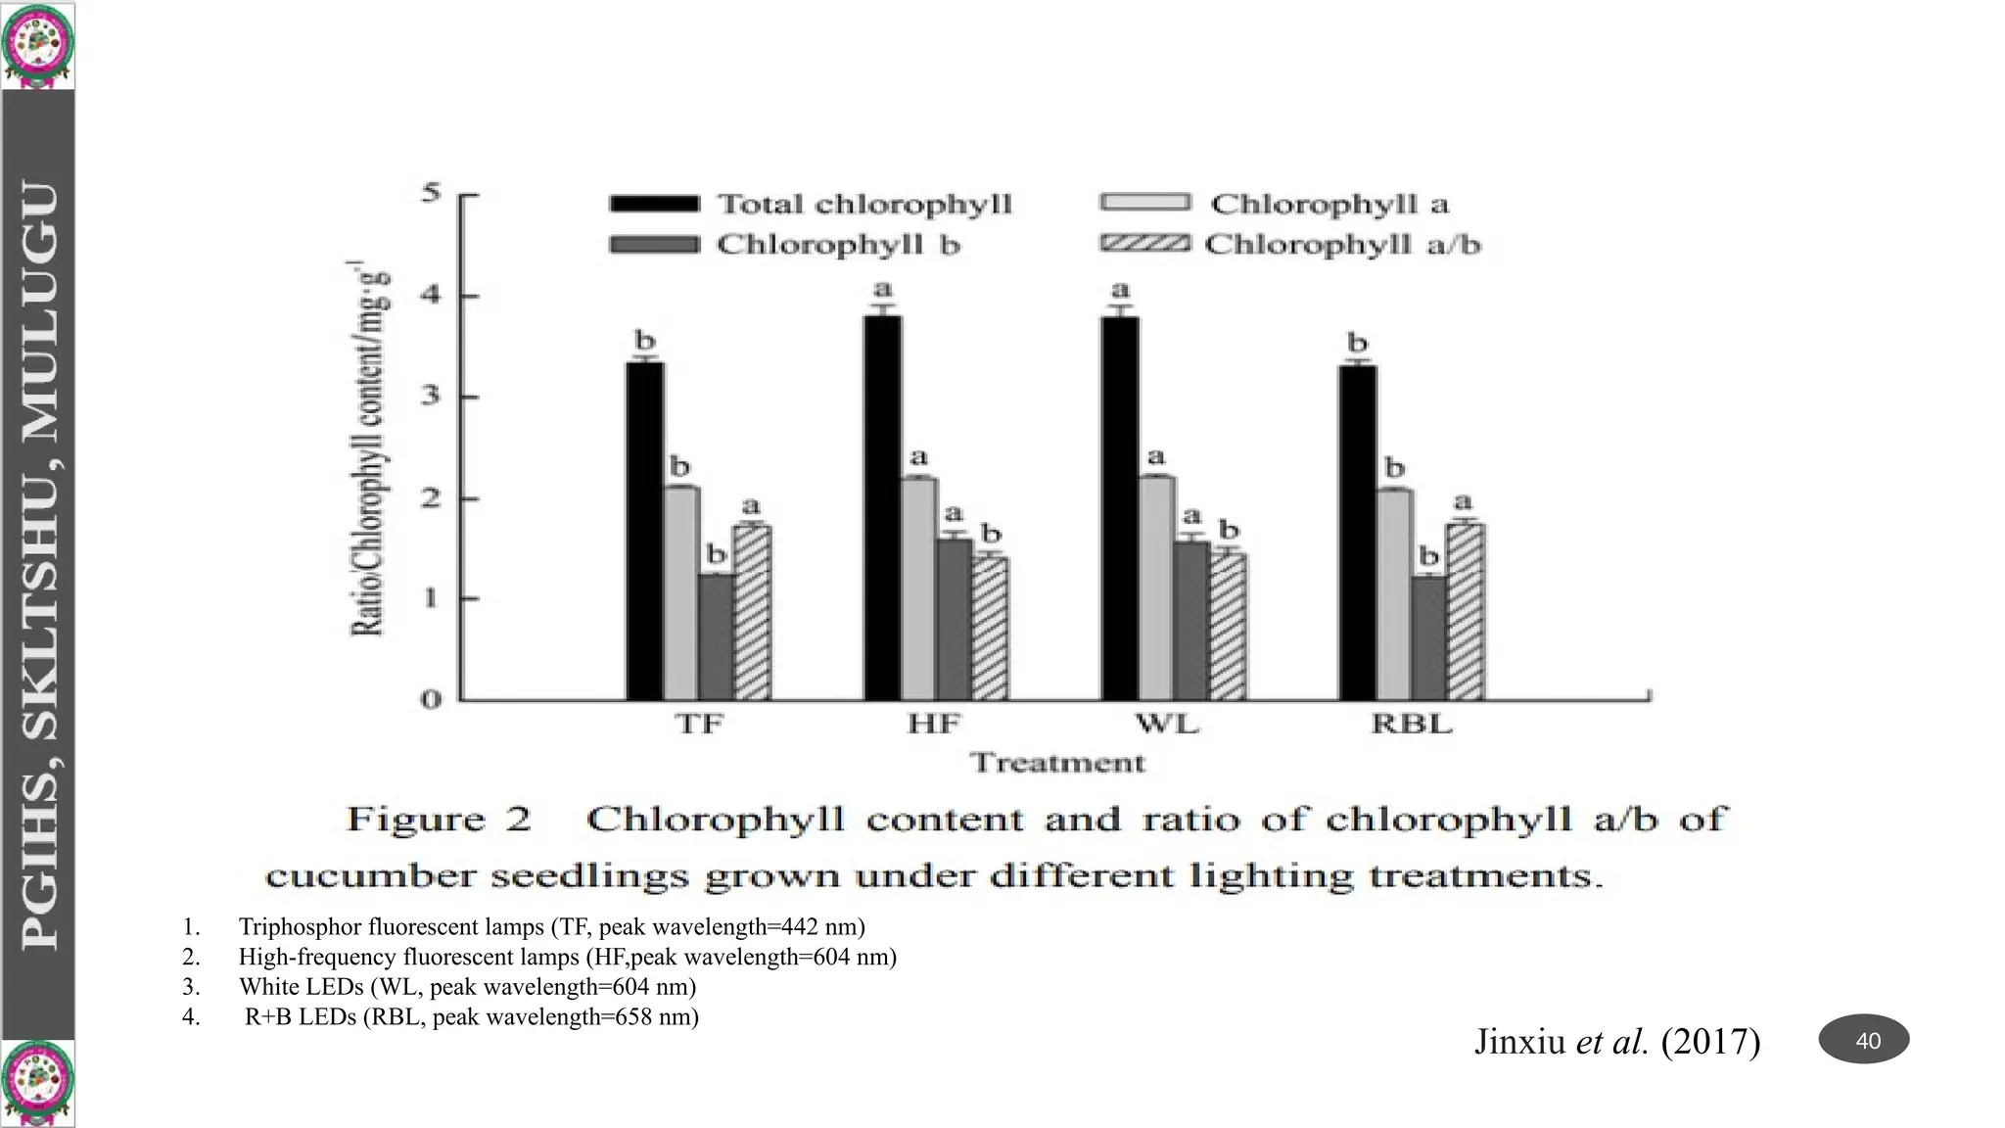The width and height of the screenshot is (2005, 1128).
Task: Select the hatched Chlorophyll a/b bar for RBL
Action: [x=1466, y=612]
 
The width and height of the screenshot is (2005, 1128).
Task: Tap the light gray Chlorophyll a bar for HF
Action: [x=918, y=588]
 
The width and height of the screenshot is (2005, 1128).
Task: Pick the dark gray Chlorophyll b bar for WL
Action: [x=1191, y=621]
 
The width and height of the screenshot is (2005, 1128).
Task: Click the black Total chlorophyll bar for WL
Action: [x=1120, y=508]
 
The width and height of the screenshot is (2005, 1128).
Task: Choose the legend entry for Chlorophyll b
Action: [x=784, y=245]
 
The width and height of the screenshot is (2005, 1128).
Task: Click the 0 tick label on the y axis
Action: [x=432, y=700]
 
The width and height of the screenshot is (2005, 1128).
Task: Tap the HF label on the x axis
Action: [x=934, y=725]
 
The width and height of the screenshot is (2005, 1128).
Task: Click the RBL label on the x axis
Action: [x=1411, y=725]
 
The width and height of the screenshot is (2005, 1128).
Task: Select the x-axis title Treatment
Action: [x=1057, y=763]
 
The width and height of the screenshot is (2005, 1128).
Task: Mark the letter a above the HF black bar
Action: [x=883, y=289]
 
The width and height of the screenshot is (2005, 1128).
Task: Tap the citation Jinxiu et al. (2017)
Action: [x=1616, y=1041]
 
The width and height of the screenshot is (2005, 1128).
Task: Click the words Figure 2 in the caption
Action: [x=439, y=819]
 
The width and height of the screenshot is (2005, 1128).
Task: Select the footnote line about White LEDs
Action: [x=467, y=986]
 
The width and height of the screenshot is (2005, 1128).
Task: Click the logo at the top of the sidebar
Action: [x=38, y=44]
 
